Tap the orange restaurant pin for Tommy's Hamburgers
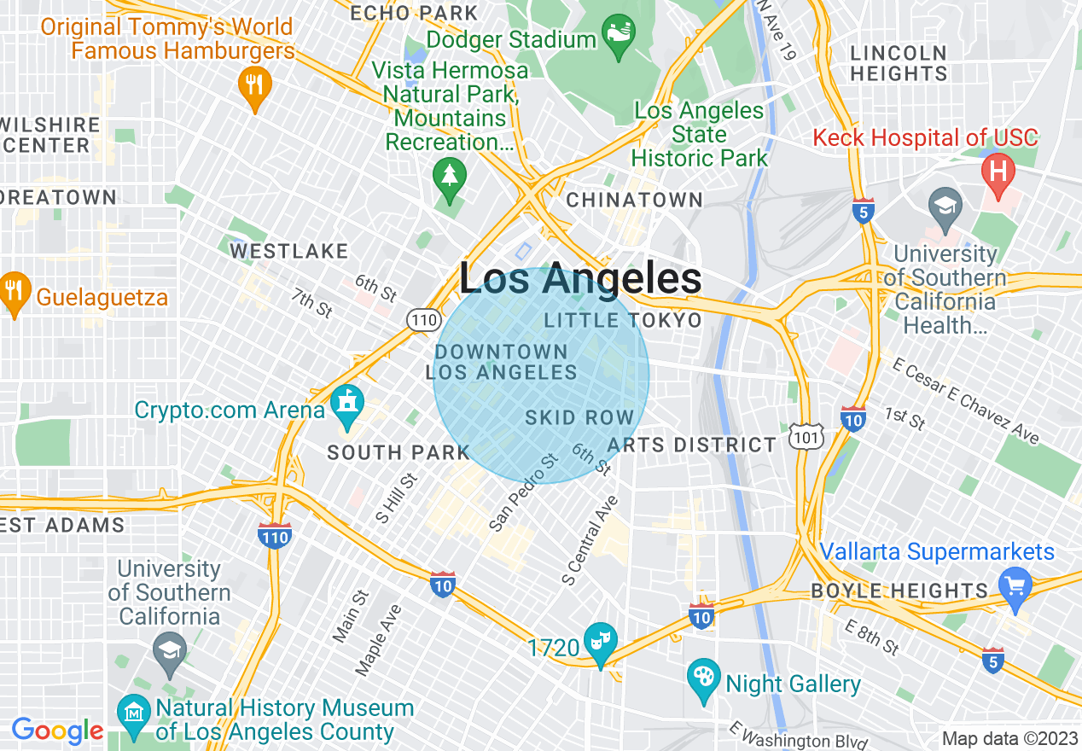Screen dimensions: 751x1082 point(253,87)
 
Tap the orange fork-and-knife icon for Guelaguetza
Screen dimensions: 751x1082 point(13,294)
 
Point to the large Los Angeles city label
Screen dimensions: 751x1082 point(580,279)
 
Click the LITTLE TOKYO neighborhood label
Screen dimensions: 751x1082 point(623,320)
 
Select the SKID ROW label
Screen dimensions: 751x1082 point(579,417)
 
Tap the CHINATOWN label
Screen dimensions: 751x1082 point(635,200)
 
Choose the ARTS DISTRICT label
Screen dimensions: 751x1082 point(691,445)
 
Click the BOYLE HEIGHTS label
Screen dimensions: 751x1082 point(899,591)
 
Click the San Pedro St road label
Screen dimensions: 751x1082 point(524,493)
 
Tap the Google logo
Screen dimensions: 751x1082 point(57,731)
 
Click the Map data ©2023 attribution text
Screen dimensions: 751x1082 point(1009,737)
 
